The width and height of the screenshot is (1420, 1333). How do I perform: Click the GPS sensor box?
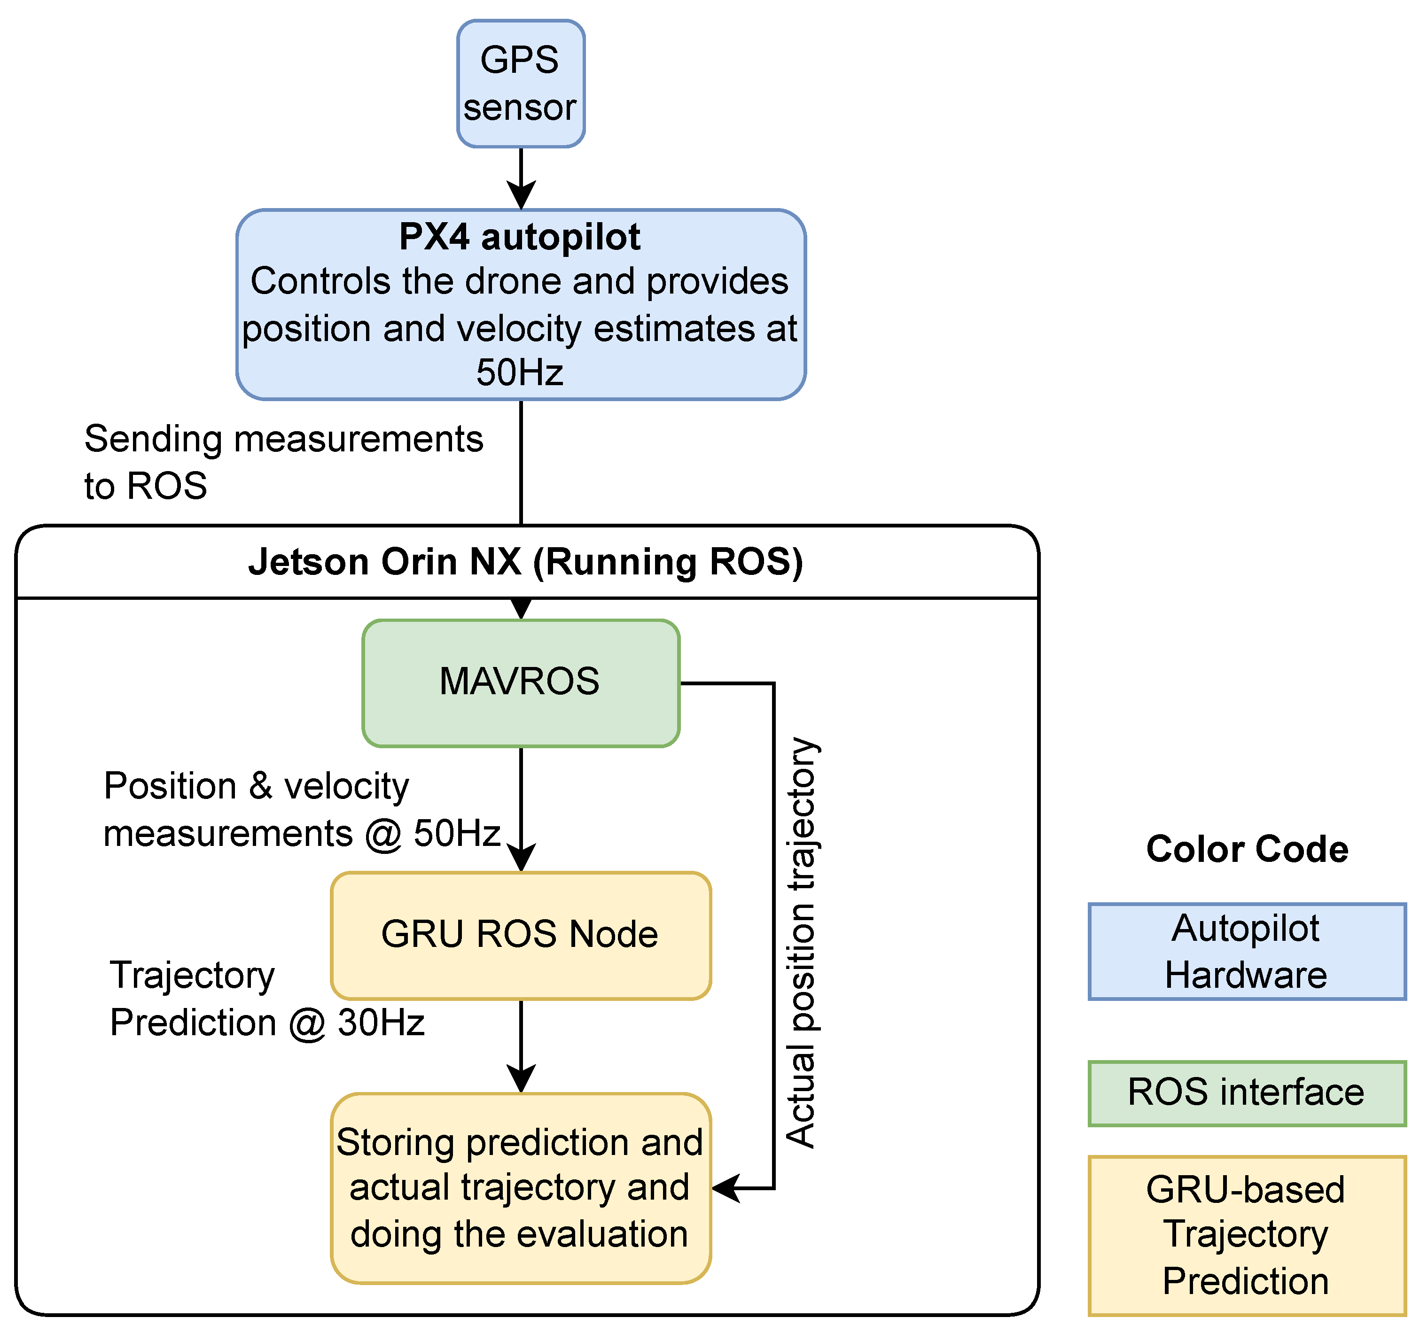[x=521, y=84]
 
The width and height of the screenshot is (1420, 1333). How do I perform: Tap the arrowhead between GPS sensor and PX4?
[x=522, y=194]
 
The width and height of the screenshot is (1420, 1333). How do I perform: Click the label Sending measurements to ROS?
[x=283, y=462]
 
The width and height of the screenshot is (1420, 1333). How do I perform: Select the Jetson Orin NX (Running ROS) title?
[x=526, y=562]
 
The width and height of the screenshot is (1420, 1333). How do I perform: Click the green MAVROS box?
[x=521, y=682]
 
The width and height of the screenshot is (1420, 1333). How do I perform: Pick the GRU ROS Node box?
[x=521, y=935]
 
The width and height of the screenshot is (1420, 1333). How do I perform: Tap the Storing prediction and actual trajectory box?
[x=521, y=1188]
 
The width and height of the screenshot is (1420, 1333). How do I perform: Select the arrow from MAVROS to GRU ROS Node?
[x=522, y=807]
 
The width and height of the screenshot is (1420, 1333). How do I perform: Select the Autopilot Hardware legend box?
[x=1247, y=952]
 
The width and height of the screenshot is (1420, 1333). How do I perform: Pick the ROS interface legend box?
[x=1247, y=1093]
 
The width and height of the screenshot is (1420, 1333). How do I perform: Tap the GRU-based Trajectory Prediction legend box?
[x=1247, y=1235]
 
